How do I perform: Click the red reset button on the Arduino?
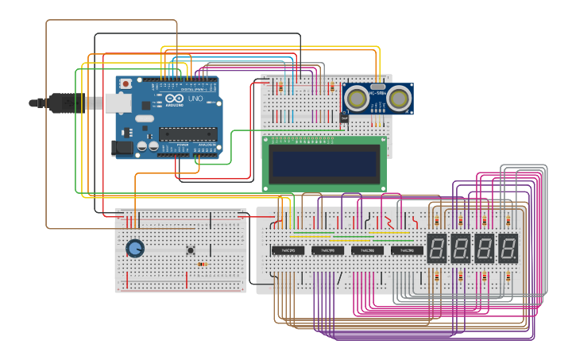point(125,83)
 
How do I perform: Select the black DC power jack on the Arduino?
point(122,147)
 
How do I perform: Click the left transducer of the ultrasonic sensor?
point(358,98)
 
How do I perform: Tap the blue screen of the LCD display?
point(324,165)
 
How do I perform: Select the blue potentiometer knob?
point(136,249)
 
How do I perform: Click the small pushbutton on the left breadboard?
point(191,251)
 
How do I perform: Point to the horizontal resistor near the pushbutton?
point(203,264)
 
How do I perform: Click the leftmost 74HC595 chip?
point(288,250)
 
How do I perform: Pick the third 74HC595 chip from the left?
point(368,250)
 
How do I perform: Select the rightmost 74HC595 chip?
point(407,250)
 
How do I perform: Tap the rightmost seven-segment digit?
point(508,248)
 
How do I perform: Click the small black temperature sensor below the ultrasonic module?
point(343,118)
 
